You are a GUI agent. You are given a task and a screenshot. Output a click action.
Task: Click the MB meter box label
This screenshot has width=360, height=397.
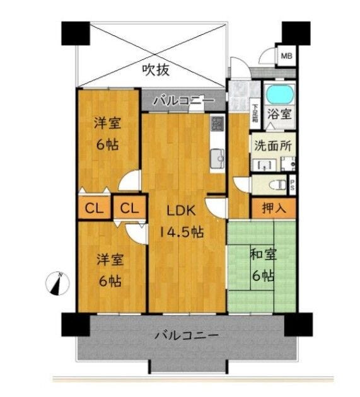coord(286,55)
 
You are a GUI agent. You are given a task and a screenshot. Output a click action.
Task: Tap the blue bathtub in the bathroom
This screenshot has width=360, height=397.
coord(280,94)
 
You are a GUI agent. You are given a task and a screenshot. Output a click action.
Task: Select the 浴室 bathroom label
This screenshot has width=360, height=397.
coord(279,114)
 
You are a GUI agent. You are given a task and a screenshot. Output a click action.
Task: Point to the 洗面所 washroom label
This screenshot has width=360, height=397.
coord(273,146)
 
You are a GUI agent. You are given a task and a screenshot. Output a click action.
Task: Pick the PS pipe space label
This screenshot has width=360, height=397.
coord(293,185)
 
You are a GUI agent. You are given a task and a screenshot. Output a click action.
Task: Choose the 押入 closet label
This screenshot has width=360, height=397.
coord(274,208)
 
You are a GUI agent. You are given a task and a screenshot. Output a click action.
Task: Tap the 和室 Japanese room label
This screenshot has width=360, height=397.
coord(264,255)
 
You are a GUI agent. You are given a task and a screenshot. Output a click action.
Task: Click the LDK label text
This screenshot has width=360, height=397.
coord(181,210)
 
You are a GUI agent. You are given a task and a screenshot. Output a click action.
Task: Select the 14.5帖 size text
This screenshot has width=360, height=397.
coord(182,232)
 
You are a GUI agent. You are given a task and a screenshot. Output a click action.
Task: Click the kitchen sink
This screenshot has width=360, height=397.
coord(218,159)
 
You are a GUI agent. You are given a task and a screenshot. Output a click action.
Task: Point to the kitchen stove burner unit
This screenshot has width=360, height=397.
coord(218,123)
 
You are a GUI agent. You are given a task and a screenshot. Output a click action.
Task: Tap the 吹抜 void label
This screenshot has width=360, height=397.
coord(156,69)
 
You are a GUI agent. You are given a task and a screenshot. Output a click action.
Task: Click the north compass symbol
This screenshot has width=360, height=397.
coord(58,284)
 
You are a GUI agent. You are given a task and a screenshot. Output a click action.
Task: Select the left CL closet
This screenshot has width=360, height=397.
coord(94,208)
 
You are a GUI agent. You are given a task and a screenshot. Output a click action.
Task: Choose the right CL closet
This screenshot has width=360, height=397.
coord(130,208)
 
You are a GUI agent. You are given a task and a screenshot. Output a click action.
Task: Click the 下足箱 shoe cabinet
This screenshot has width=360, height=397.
coord(255,116)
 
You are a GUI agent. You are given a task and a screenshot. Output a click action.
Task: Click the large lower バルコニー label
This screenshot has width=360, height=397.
coord(187,336)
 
